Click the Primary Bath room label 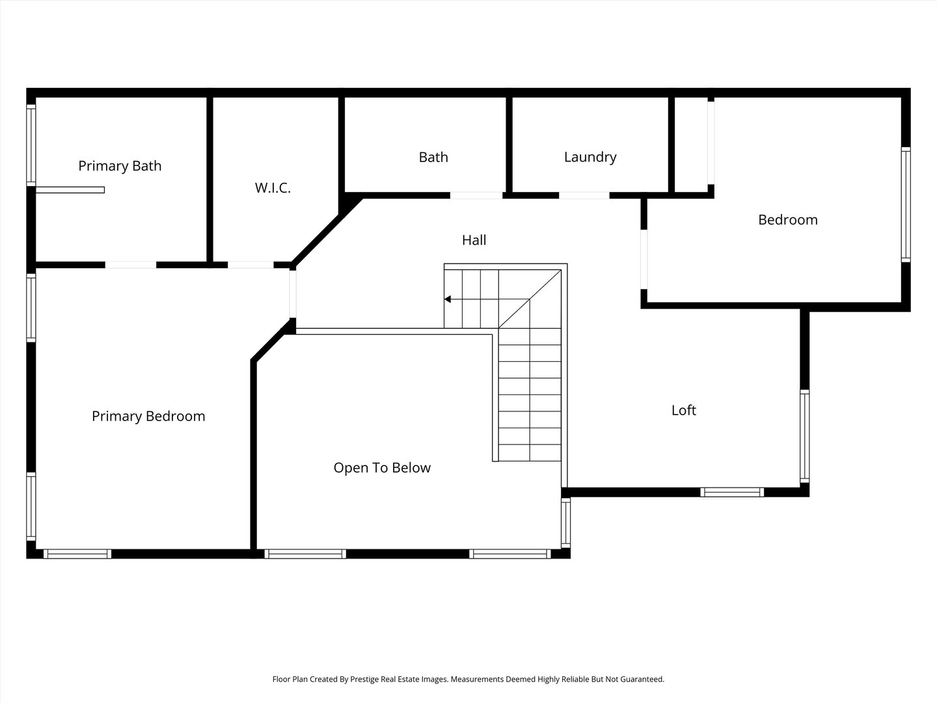tap(120, 165)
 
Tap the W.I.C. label tap(273, 187)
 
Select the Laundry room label tap(590, 157)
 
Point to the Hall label tap(474, 240)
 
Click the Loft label tap(683, 410)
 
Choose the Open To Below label tap(382, 468)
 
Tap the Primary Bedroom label tap(148, 416)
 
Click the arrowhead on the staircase tap(448, 299)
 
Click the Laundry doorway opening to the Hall tap(584, 195)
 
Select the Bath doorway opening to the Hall tap(476, 195)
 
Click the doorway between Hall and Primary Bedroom tap(292, 294)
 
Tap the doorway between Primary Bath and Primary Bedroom tap(131, 265)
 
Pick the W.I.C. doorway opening tap(251, 265)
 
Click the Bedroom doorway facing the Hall tap(644, 260)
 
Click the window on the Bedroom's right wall tap(906, 204)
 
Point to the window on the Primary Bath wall tap(31, 145)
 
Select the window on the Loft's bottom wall tap(732, 492)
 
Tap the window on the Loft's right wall tap(805, 436)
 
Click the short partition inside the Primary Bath tap(70, 190)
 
